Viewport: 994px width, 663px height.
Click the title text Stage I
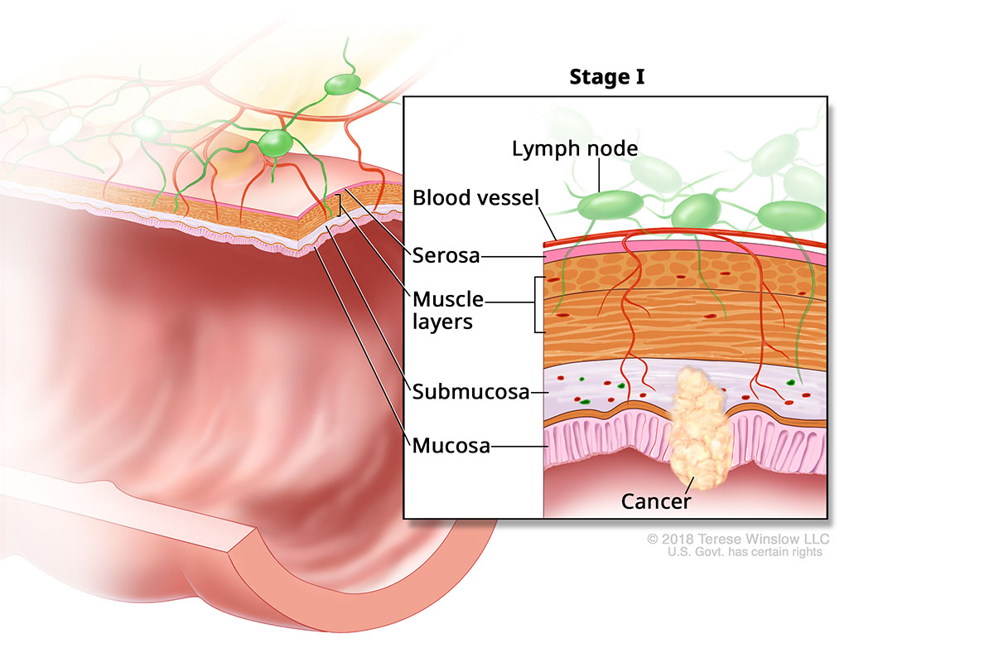pyautogui.click(x=607, y=78)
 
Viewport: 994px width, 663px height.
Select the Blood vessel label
pyautogui.click(x=476, y=198)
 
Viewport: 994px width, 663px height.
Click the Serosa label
pyautogui.click(x=446, y=255)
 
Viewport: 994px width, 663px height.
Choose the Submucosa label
pyautogui.click(x=470, y=391)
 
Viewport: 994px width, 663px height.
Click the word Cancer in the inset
pyautogui.click(x=656, y=501)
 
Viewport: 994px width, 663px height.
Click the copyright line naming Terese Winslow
pyautogui.click(x=737, y=540)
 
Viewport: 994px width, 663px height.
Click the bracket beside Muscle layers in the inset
pyautogui.click(x=539, y=304)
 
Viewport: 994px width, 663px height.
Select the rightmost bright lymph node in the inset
pyautogui.click(x=792, y=214)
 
